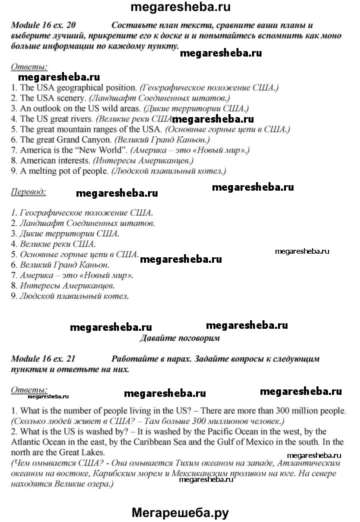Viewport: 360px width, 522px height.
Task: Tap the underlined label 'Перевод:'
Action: [28, 191]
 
